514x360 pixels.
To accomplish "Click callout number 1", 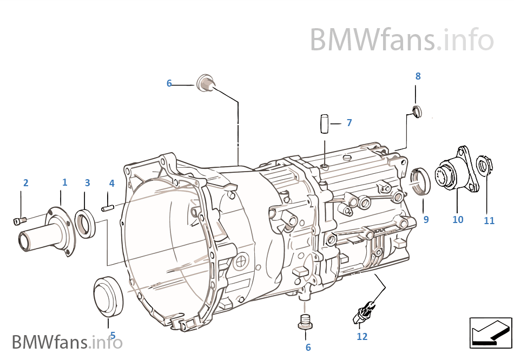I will [x=64, y=182].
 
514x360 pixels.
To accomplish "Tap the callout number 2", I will [x=25, y=183].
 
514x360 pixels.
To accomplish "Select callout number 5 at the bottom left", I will [x=113, y=335].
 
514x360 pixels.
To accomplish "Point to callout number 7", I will [x=349, y=123].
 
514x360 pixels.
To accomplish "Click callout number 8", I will [x=418, y=76].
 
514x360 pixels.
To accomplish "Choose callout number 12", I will [x=362, y=337].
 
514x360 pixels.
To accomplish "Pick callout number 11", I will [x=489, y=220].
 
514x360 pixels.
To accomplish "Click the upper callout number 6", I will [x=169, y=83].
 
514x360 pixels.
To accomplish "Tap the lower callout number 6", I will [x=308, y=348].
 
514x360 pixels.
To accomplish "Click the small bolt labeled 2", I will [x=19, y=220].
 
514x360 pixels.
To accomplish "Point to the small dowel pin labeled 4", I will [x=107, y=206].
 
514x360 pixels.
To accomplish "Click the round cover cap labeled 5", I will [x=109, y=296].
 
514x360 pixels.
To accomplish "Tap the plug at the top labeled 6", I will [x=206, y=83].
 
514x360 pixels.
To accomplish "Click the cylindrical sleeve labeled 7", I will [x=325, y=123].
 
